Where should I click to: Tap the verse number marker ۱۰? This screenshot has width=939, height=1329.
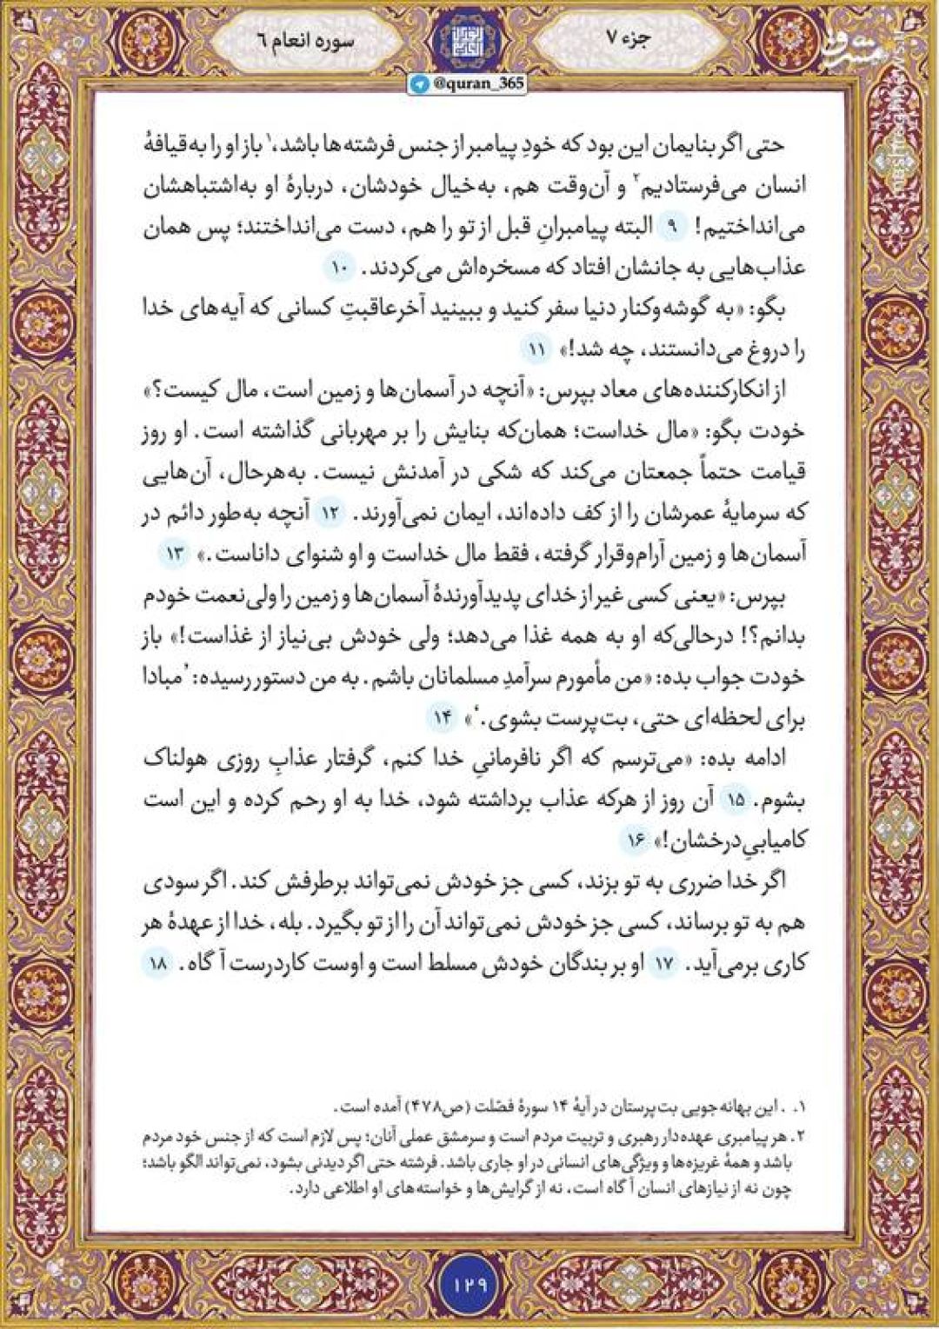[337, 269]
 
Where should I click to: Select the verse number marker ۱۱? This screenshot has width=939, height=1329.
[535, 350]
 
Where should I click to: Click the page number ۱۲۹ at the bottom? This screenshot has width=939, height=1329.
[469, 1282]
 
